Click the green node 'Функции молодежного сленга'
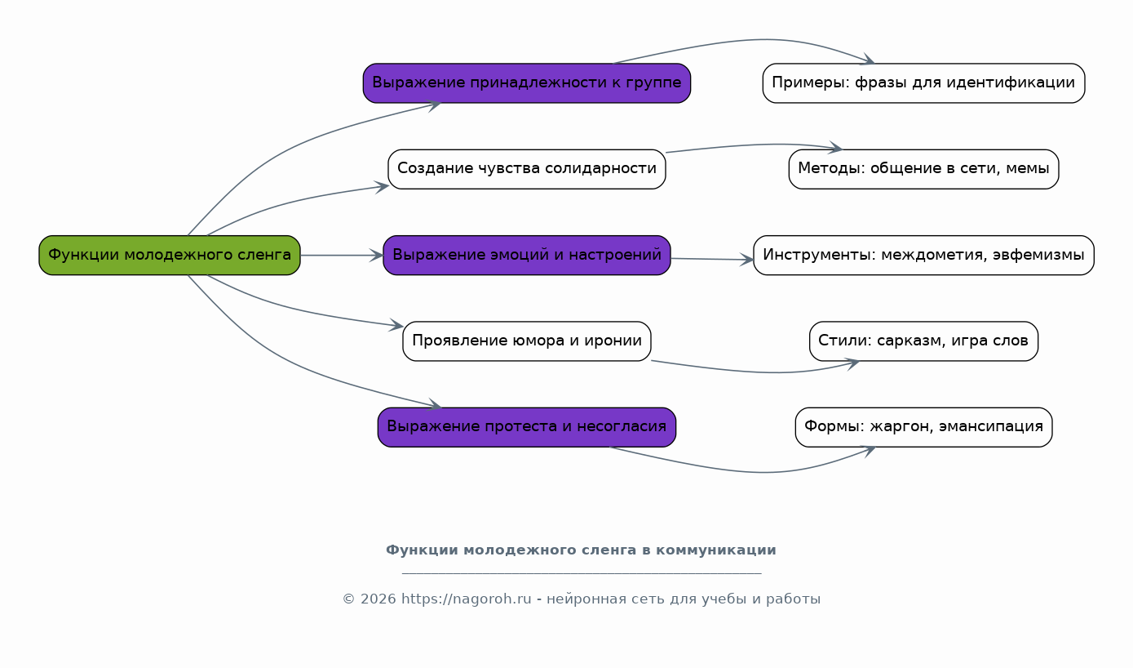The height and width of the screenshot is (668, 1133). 170,256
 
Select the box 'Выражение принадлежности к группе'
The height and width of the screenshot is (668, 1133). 527,83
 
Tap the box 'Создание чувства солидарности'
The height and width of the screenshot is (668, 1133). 527,169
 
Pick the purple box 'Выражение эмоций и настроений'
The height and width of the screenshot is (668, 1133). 527,256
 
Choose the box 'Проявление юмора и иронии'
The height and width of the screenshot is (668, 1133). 527,341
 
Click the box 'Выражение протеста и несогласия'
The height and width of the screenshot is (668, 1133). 527,427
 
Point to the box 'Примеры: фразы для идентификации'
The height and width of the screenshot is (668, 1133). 923,83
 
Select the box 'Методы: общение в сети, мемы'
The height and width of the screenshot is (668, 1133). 923,169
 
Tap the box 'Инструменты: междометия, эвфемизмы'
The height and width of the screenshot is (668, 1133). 923,256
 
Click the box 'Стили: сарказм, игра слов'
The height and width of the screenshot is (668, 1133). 923,341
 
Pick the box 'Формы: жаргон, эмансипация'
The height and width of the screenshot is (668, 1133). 923,427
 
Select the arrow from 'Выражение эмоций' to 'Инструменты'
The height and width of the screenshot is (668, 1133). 711,260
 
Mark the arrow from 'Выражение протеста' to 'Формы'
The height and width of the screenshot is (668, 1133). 759,472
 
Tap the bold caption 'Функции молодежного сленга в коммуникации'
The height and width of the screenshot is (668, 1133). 581,550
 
